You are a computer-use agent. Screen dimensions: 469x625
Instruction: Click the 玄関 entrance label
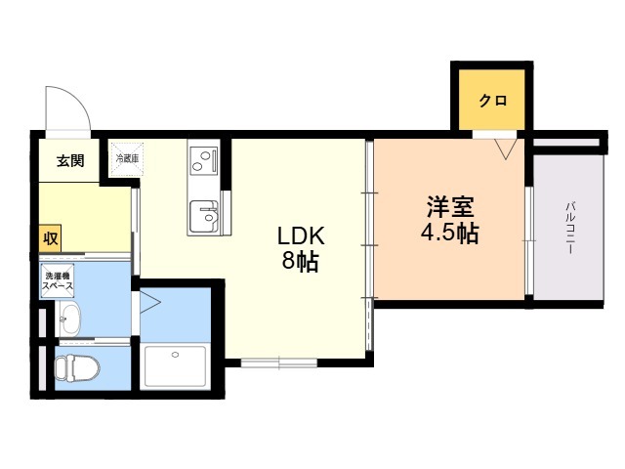coord(69,160)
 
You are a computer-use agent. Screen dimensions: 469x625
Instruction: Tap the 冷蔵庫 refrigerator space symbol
coord(127,159)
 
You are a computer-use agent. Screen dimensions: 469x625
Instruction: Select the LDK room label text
coord(300,236)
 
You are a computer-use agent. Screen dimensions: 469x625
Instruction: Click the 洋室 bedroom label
coord(449,209)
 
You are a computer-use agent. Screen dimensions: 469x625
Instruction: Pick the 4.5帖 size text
coord(449,234)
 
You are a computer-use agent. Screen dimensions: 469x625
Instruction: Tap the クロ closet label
coord(492,101)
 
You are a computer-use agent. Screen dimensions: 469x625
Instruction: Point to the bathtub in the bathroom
coord(176,366)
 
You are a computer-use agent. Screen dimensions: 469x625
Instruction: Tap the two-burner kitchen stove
coord(204,157)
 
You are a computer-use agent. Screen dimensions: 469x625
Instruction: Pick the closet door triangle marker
coord(505,149)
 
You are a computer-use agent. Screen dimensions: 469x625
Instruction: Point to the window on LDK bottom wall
coord(278,363)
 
